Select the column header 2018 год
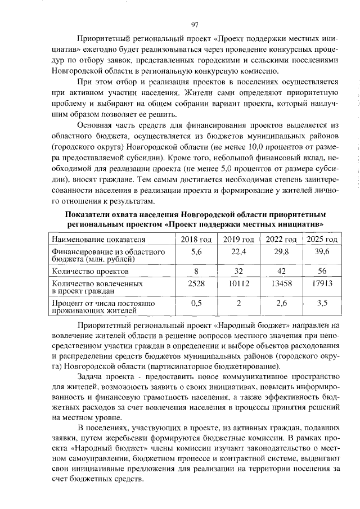pos(196,240)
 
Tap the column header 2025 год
pos(322,240)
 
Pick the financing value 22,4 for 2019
pos(240,251)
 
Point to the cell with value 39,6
pos(322,251)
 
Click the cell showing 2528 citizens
pos(196,283)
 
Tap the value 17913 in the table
pos(322,283)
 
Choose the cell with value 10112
pos(240,283)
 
